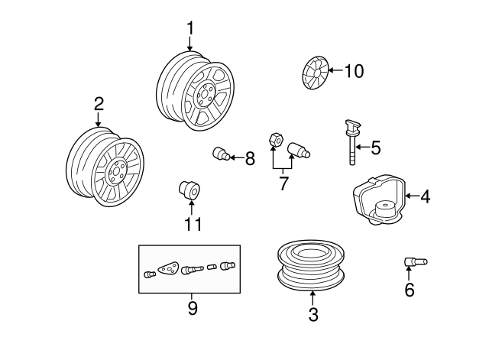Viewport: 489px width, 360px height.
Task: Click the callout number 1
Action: (x=190, y=28)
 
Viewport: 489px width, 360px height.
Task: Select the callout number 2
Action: (x=99, y=104)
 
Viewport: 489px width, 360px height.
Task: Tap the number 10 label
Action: (x=354, y=71)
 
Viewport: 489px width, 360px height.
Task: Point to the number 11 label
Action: (x=193, y=224)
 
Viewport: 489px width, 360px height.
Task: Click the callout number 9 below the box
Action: (x=193, y=308)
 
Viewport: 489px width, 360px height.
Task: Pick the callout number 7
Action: (x=283, y=183)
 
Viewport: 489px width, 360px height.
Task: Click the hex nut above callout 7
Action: (x=276, y=140)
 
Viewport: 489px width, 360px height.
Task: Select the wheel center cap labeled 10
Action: (x=316, y=73)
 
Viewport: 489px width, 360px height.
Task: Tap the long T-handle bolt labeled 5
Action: (x=352, y=142)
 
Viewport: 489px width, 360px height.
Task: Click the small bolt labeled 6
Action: (x=416, y=262)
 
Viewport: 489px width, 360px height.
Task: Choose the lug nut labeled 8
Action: (x=222, y=154)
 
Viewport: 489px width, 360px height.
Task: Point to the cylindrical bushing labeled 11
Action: (x=189, y=190)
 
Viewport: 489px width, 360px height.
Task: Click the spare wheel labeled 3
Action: (x=311, y=265)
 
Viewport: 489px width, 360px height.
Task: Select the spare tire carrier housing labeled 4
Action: (x=379, y=199)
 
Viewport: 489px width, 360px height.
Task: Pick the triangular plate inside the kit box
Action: (x=169, y=268)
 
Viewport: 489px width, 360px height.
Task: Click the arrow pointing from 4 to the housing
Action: (x=413, y=196)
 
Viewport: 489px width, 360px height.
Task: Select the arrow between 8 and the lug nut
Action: (x=237, y=158)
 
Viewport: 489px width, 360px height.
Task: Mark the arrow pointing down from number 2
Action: (x=99, y=120)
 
